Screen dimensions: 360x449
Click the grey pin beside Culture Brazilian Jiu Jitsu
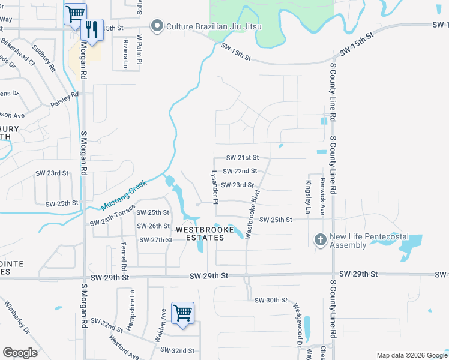[x=158, y=25]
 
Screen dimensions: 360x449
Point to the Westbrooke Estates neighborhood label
[x=200, y=233]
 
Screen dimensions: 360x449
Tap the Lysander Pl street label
[x=214, y=184]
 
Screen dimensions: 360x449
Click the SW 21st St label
[x=242, y=157]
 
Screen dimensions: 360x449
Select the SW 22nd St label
[x=240, y=171]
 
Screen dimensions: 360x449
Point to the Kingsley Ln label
[x=309, y=197]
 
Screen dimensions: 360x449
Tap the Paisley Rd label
[x=65, y=99]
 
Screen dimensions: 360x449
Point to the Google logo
[x=20, y=353]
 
